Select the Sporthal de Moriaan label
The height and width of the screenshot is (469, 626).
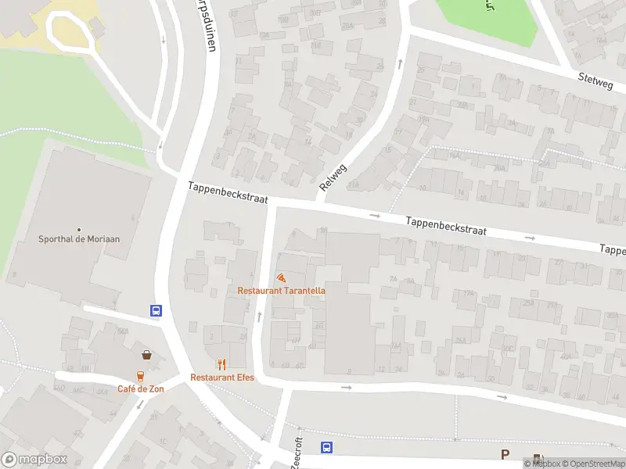80,239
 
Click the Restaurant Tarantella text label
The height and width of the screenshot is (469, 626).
282,291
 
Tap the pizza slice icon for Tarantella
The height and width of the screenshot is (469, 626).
281,277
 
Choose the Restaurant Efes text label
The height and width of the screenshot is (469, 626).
222,377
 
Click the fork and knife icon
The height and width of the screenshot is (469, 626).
222,363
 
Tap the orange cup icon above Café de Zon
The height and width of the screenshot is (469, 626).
141,376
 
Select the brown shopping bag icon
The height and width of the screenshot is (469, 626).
147,354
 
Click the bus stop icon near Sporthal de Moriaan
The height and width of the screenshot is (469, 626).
156,310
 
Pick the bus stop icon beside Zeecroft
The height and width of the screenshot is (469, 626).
326,448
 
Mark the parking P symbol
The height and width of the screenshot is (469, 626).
505,454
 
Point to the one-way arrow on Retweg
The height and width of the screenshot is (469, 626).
399,62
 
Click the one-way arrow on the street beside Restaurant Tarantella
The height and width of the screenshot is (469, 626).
259,317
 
